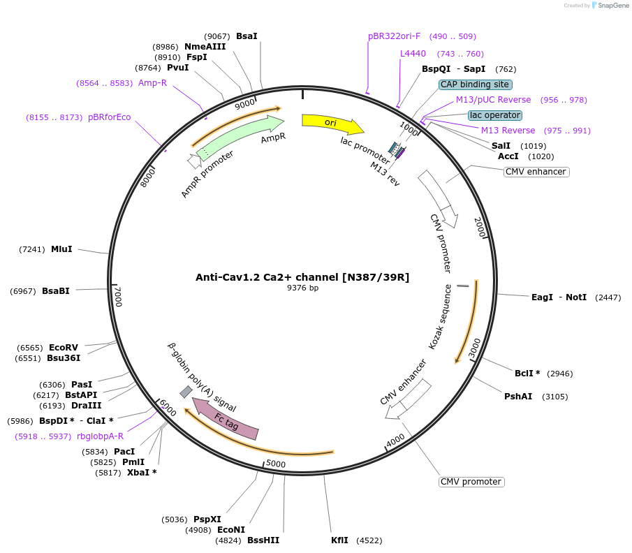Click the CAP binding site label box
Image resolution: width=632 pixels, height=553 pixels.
pyautogui.click(x=475, y=84)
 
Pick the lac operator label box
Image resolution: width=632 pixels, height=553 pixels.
pyautogui.click(x=494, y=115)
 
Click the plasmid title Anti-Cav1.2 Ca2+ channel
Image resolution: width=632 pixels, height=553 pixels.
pyautogui.click(x=302, y=277)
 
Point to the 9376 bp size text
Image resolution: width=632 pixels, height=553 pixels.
pyautogui.click(x=302, y=288)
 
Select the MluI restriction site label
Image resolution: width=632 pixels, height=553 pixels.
pyautogui.click(x=61, y=249)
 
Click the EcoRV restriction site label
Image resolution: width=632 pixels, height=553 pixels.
pyautogui.click(x=64, y=347)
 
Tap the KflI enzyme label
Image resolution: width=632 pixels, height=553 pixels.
pyautogui.click(x=339, y=540)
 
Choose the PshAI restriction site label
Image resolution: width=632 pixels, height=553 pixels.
pyautogui.click(x=518, y=396)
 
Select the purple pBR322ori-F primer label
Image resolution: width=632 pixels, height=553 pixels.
pyautogui.click(x=395, y=36)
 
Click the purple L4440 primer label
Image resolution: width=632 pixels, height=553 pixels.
pyautogui.click(x=413, y=54)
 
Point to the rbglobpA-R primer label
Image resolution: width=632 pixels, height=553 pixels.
pyautogui.click(x=100, y=436)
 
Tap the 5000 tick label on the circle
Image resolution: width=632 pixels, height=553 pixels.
pyautogui.click(x=276, y=464)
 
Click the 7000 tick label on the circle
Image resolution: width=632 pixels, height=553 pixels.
pyautogui.click(x=118, y=296)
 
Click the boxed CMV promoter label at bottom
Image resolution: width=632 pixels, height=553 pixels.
pyautogui.click(x=471, y=482)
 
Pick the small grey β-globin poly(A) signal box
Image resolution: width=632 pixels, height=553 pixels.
pyautogui.click(x=186, y=392)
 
